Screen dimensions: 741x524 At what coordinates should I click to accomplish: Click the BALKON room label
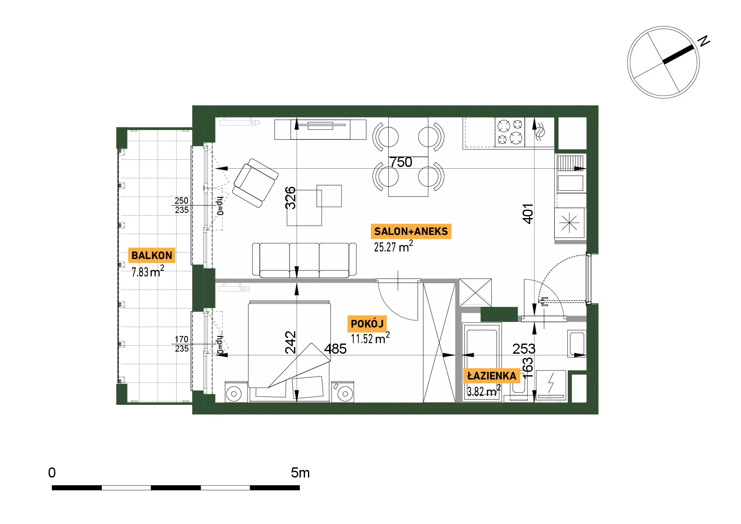pos(152,255)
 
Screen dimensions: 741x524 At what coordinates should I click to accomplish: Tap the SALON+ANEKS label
pos(411,231)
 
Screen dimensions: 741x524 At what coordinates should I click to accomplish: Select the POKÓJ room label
pos(367,324)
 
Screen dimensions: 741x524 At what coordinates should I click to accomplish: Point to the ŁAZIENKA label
pos(492,376)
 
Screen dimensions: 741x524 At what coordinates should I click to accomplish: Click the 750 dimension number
pos(400,162)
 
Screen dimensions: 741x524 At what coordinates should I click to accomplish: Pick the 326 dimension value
pos(290,198)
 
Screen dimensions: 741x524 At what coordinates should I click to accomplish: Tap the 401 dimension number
pos(528,213)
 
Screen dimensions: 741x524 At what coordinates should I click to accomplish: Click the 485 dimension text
pos(335,349)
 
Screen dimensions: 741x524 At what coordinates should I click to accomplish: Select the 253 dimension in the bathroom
pos(524,349)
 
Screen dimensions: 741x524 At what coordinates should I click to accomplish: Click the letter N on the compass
pos(704,41)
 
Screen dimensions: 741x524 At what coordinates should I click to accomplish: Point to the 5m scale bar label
pos(300,472)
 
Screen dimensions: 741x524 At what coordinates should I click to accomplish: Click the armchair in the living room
pos(255,183)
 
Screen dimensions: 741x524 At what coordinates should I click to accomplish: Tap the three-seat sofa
pos(304,260)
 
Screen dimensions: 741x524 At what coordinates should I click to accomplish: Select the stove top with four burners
pos(510,132)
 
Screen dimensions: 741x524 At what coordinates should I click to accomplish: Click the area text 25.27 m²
pos(393,246)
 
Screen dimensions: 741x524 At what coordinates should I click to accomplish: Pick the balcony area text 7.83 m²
pos(148,271)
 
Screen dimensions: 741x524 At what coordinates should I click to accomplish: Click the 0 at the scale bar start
pos(52,472)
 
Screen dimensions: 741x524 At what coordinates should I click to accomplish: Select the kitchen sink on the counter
pos(570,183)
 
